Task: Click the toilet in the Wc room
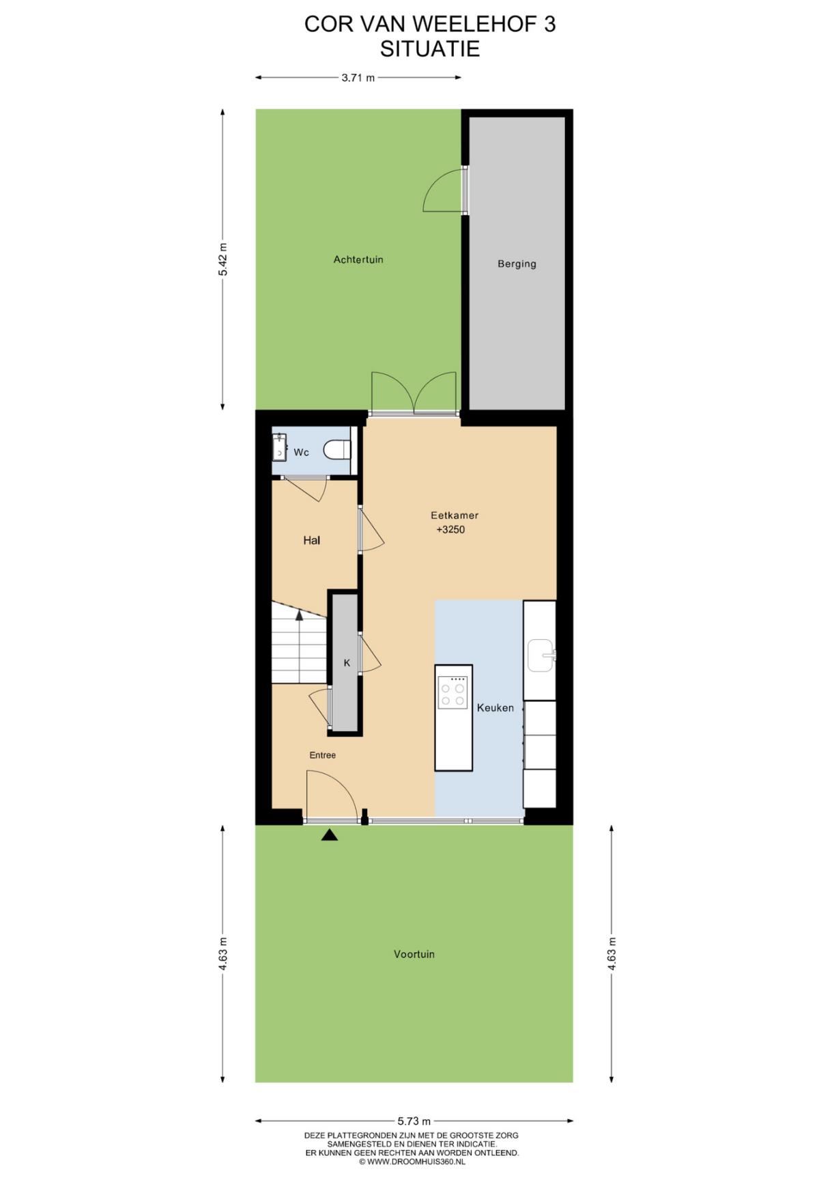337,451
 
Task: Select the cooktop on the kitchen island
452,692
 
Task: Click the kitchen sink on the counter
541,656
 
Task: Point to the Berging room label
517,264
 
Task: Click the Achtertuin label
358,259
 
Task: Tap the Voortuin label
414,954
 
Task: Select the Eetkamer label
455,516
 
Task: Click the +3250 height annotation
450,529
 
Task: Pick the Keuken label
495,707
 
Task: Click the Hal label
312,540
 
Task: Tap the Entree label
323,755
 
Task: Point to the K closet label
347,662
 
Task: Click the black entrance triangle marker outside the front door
330,834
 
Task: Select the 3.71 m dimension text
358,78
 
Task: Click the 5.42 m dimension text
222,259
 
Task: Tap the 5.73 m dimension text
414,1121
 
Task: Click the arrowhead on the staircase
299,615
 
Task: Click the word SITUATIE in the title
430,49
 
